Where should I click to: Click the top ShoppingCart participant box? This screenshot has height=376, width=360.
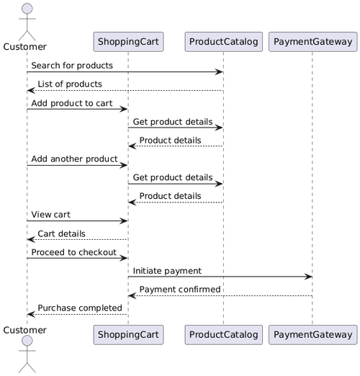pyautogui.click(x=128, y=42)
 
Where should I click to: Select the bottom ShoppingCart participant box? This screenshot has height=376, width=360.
pyautogui.click(x=128, y=334)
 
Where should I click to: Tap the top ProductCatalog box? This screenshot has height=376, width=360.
pyautogui.click(x=223, y=42)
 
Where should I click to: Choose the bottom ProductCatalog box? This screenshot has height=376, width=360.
pyautogui.click(x=223, y=334)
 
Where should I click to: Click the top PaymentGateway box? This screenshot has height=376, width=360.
pyautogui.click(x=312, y=42)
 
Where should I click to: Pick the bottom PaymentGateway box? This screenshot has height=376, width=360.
pyautogui.click(x=312, y=334)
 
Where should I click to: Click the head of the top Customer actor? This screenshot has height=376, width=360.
pyautogui.click(x=27, y=9)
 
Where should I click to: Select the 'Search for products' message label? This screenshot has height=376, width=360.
pyautogui.click(x=72, y=66)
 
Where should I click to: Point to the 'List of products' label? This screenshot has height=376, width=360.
pyautogui.click(x=70, y=84)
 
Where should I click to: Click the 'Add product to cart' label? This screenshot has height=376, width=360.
pyautogui.click(x=71, y=103)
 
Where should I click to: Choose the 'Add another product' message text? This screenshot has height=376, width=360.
pyautogui.click(x=71, y=158)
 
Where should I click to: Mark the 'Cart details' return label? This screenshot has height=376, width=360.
pyautogui.click(x=61, y=233)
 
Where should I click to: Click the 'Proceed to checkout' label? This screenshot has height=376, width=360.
pyautogui.click(x=73, y=252)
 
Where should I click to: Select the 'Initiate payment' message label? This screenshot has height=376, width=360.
pyautogui.click(x=167, y=270)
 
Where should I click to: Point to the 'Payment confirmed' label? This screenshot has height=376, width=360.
pyautogui.click(x=180, y=289)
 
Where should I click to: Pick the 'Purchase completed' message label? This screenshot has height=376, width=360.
pyautogui.click(x=80, y=308)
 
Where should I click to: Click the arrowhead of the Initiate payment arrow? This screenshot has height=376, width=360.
pyautogui.click(x=309, y=277)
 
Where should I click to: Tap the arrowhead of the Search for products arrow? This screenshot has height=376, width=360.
pyautogui.click(x=220, y=72)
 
